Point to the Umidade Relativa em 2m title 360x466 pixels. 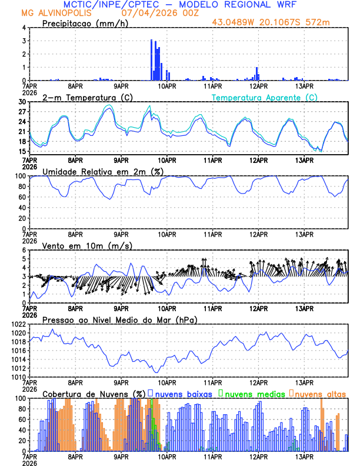click(102, 171)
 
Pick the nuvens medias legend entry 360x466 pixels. click(252, 394)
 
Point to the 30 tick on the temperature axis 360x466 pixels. click(22, 102)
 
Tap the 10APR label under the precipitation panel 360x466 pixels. click(168, 86)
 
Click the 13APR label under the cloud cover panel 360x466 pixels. click(304, 457)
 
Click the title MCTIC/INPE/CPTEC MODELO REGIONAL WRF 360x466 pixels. click(180, 4)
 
